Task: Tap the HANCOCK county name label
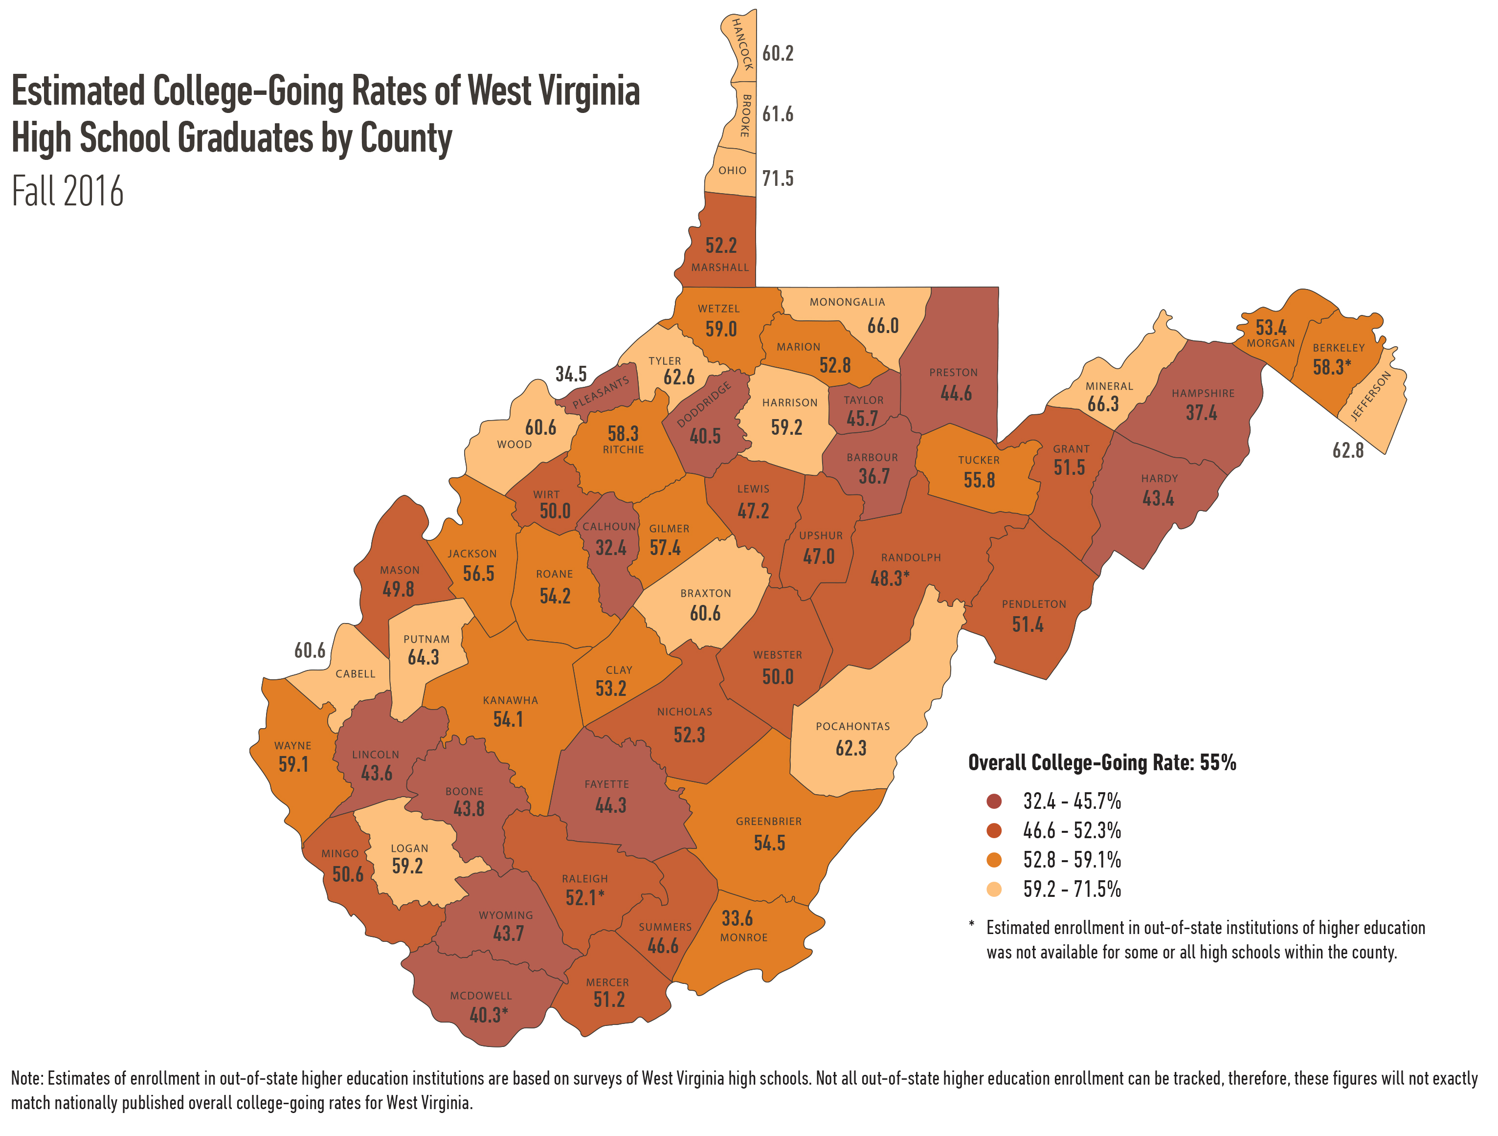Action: coord(743,45)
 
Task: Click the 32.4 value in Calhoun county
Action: coord(610,548)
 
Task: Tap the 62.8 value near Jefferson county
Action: coord(1348,451)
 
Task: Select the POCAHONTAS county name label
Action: coord(852,726)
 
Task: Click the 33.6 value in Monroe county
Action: coord(737,919)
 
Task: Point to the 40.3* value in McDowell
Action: coord(488,1015)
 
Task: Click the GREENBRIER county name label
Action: coord(769,821)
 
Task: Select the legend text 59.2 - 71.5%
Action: coord(1072,889)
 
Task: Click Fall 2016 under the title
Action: coord(67,192)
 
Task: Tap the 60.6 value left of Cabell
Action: coord(310,650)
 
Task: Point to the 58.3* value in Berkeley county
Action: coord(1331,368)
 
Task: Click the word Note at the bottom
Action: coord(27,1078)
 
